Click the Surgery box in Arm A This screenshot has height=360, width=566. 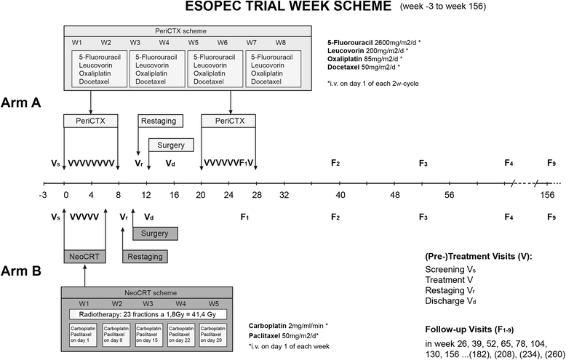point(171,145)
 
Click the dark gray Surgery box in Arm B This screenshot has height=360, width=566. point(155,233)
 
